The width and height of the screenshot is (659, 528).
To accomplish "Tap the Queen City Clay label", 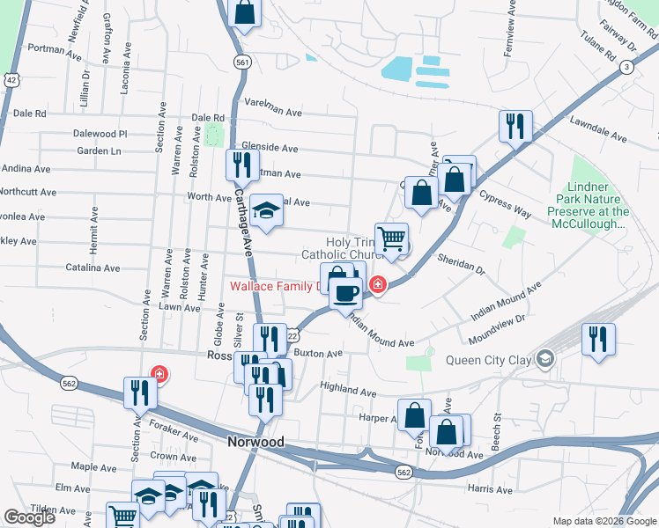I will click(x=487, y=358).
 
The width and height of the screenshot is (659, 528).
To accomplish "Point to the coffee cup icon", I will click(x=346, y=292).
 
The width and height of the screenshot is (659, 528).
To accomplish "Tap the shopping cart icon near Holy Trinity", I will click(x=391, y=237).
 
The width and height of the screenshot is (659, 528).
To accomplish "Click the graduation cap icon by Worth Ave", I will click(x=265, y=210).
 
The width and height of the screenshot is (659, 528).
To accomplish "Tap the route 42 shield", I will click(x=11, y=79).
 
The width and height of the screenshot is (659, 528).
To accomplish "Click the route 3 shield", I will click(x=626, y=67).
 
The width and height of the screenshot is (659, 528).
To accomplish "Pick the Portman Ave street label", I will click(x=55, y=49).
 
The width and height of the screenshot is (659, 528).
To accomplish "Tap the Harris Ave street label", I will click(x=491, y=489).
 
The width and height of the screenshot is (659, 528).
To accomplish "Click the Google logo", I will click(x=29, y=518).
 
